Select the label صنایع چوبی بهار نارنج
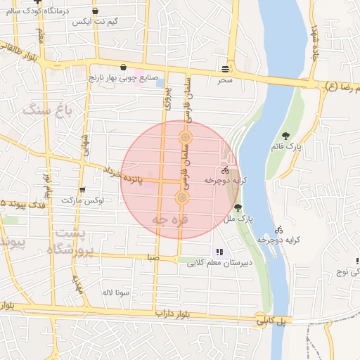click(x=122, y=78)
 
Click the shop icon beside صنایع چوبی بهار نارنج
click(x=124, y=67)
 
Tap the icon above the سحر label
click(x=225, y=69)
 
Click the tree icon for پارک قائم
click(x=285, y=136)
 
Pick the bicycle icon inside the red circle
click(x=225, y=170)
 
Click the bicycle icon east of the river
click(x=279, y=229)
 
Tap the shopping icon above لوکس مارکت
click(x=83, y=189)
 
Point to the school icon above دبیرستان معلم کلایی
click(x=219, y=251)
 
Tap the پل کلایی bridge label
click(x=272, y=321)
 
